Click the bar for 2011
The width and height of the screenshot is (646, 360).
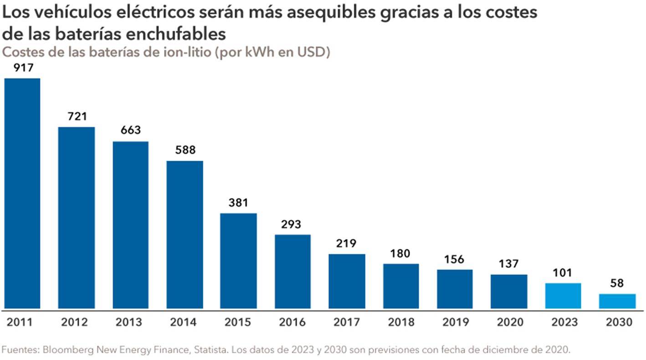(x=22, y=193)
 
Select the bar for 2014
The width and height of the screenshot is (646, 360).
(x=185, y=234)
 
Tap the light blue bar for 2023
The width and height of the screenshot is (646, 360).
(x=563, y=296)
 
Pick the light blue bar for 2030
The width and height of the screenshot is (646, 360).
(x=617, y=301)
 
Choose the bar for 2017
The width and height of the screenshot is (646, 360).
(x=347, y=281)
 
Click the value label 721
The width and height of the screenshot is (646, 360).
(x=77, y=117)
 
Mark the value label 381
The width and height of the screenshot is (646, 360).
(x=238, y=203)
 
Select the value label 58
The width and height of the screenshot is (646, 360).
(x=617, y=284)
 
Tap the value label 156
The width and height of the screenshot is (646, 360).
(x=454, y=259)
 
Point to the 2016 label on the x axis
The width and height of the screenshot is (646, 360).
(x=292, y=322)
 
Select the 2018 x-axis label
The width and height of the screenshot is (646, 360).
(x=401, y=322)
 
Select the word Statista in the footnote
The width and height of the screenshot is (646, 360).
(x=211, y=350)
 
